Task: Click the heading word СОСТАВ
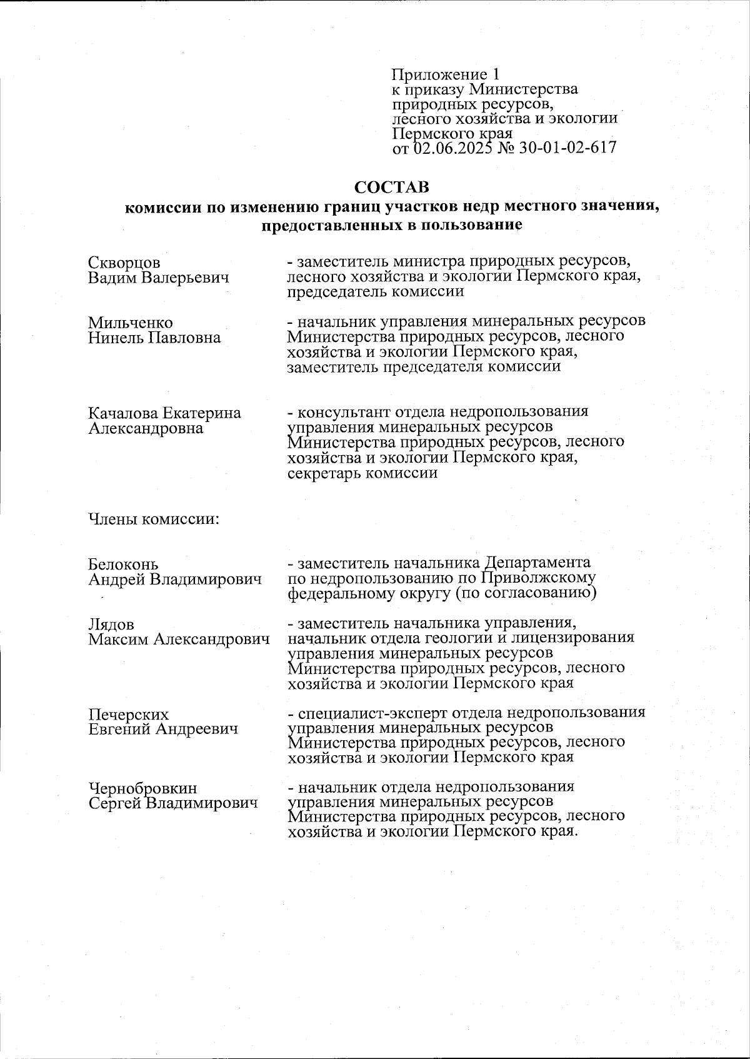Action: tap(392, 187)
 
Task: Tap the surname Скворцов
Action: tap(124, 263)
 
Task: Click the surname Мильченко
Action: tap(130, 323)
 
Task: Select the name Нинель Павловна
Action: tap(154, 338)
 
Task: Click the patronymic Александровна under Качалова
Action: tap(145, 428)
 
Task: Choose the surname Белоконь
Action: tap(123, 565)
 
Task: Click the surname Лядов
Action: tap(111, 625)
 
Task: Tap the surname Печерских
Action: tap(128, 715)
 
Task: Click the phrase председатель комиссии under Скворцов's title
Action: tap(375, 291)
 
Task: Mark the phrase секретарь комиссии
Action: tap(362, 473)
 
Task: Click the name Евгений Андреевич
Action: tap(162, 729)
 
